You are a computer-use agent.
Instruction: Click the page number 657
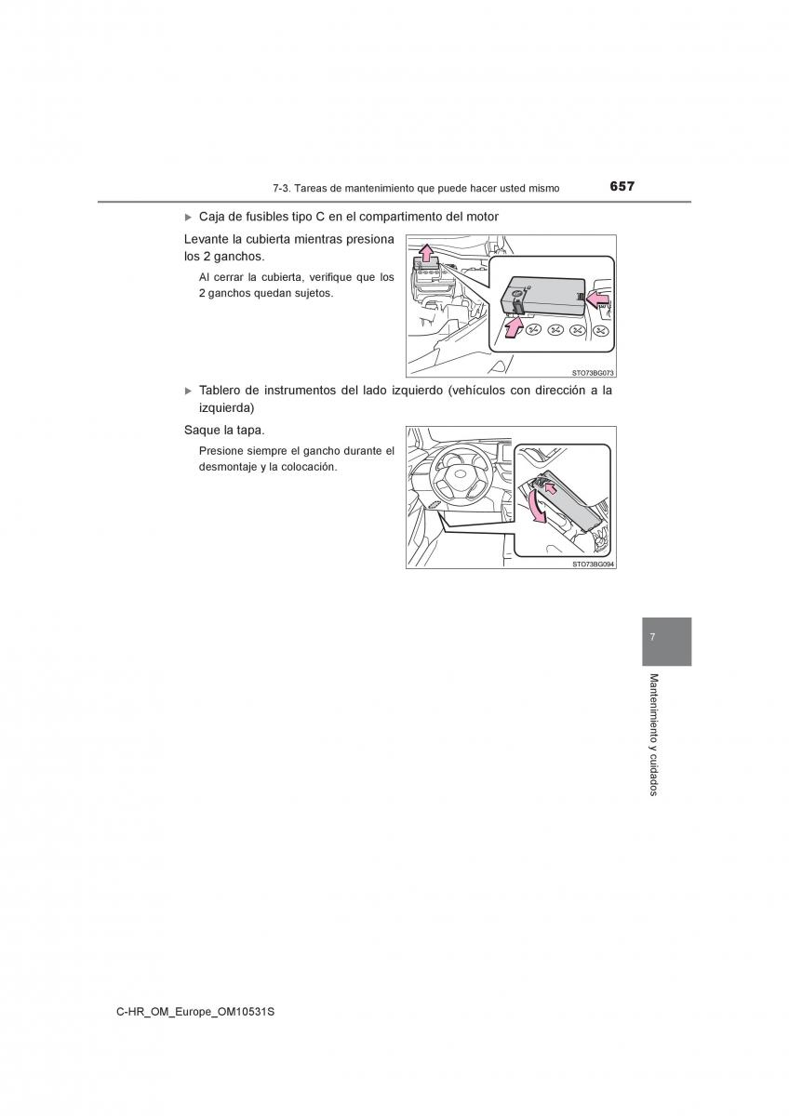click(x=622, y=186)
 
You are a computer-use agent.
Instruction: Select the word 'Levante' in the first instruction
click(x=202, y=239)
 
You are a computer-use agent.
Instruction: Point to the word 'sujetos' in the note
click(x=316, y=294)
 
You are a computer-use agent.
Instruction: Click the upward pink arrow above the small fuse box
click(x=425, y=253)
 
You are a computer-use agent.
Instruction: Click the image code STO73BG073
click(x=593, y=373)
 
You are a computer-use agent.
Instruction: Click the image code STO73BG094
click(x=593, y=564)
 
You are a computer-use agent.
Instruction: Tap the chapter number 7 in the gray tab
click(x=652, y=637)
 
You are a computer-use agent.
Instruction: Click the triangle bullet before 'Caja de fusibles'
click(x=188, y=218)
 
